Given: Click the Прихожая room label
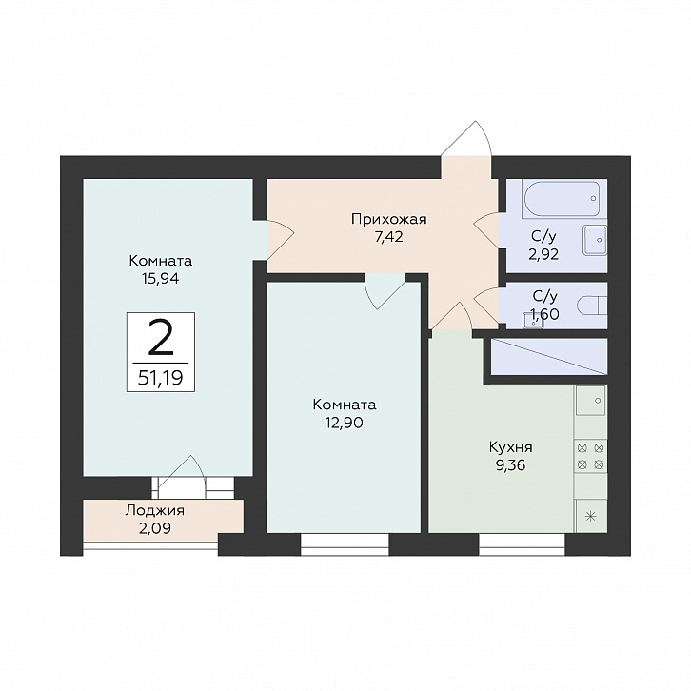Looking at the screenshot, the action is [388, 220].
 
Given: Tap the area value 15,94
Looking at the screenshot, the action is [161, 279].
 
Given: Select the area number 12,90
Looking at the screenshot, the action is [345, 423].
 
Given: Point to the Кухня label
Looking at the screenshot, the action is [511, 447].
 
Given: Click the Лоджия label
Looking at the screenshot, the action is [155, 511].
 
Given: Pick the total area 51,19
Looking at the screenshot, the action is [161, 378].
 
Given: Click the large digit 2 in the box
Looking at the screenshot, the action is [161, 337].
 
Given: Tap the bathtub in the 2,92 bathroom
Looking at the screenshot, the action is [560, 198].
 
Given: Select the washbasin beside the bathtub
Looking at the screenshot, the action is [595, 240].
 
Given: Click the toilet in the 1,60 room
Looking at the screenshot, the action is [593, 306].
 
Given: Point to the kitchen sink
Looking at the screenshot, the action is [591, 400].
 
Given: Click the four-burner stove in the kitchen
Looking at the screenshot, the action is [590, 456].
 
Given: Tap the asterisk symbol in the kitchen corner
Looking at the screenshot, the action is [591, 517].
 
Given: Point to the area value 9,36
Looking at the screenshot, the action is [511, 465].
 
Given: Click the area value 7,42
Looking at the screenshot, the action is [388, 238].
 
